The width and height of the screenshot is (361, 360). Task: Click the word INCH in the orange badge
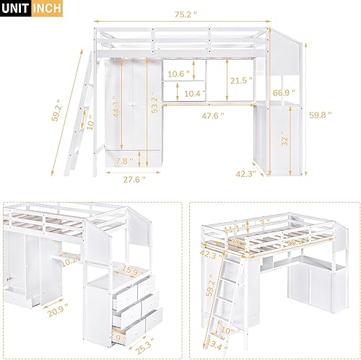[45, 8]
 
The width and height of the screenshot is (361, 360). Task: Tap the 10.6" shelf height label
[178, 74]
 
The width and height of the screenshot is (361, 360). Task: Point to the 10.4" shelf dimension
[193, 94]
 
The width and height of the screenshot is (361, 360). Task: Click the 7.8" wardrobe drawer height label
[121, 160]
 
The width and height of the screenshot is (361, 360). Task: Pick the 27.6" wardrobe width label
[131, 178]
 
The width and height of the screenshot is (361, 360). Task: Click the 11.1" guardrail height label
[232, 229]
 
